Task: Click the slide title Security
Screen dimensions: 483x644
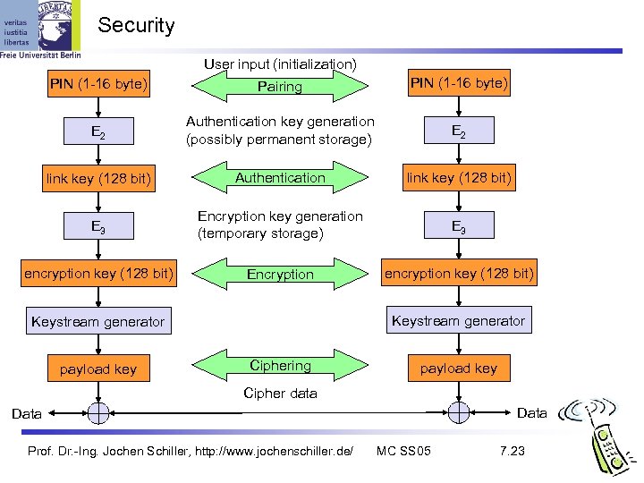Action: click(x=136, y=25)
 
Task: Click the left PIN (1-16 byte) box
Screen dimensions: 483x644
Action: click(x=98, y=86)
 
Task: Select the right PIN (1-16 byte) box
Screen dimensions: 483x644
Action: click(x=459, y=85)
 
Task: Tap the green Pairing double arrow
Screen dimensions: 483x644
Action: click(x=280, y=87)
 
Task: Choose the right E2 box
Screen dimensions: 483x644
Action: click(x=458, y=131)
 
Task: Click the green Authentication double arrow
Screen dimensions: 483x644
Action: click(x=280, y=178)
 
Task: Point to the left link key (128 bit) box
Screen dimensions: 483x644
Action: click(x=98, y=180)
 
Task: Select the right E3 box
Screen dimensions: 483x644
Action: click(x=458, y=226)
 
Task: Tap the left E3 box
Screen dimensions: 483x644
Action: click(x=98, y=226)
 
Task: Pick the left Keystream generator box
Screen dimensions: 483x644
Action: click(x=98, y=321)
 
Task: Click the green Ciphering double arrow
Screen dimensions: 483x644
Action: click(x=280, y=366)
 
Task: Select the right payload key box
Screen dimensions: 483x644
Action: click(x=458, y=368)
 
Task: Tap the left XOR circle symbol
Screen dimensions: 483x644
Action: click(x=98, y=413)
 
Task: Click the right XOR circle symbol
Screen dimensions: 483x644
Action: click(x=458, y=413)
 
